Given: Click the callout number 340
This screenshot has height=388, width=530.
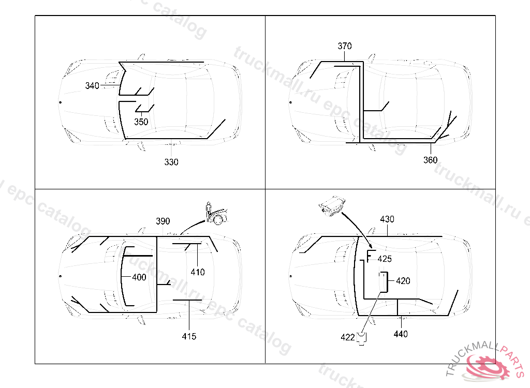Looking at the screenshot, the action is pos(92,86).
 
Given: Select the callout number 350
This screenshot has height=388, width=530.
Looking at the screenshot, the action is pos(141,122).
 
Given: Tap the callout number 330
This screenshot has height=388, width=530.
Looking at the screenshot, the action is pos(171,162).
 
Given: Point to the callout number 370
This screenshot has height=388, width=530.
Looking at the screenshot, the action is pos(344,46).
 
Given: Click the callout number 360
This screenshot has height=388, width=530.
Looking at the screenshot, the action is pos(430,160).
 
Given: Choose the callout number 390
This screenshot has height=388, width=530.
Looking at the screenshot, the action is pos(163,221).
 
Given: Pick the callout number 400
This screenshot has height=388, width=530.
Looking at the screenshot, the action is pos(139,277).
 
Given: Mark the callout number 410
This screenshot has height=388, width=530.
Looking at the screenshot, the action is pos(197,272).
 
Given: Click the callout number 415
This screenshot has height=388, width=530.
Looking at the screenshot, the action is pos(189,337).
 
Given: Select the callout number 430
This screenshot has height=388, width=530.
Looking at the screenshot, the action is pos(387,219).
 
